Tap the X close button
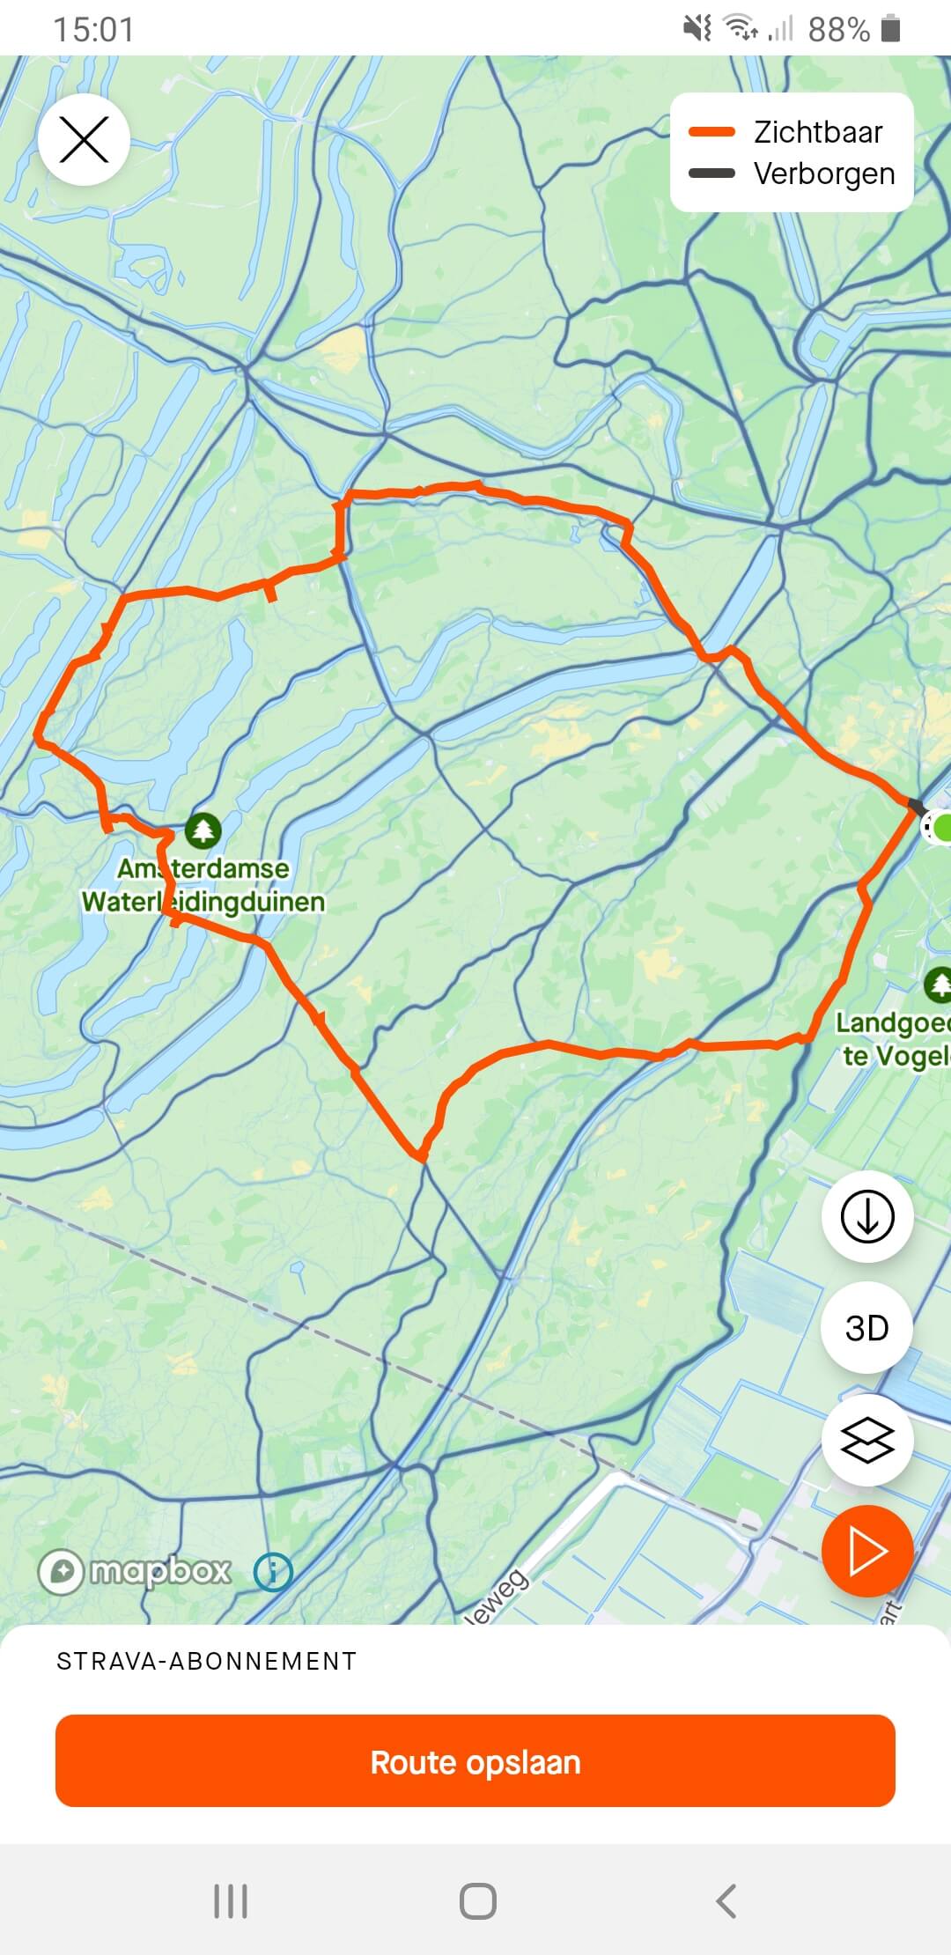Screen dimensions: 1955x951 [x=84, y=140]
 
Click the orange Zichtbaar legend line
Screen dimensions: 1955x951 [x=711, y=132]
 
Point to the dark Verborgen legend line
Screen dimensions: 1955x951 [x=711, y=173]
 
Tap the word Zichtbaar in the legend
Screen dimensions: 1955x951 [x=818, y=132]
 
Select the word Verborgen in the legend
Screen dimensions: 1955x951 [x=824, y=173]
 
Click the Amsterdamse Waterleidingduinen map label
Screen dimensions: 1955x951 [x=203, y=885]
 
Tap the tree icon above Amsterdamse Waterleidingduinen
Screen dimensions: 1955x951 [x=203, y=830]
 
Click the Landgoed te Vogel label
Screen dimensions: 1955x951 [x=892, y=1039]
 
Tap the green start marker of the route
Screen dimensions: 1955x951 [x=942, y=828]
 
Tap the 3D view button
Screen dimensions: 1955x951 [x=867, y=1327]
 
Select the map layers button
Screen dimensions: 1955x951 [x=867, y=1441]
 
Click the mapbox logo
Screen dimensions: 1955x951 [x=135, y=1571]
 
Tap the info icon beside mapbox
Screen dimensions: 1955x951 [x=273, y=1571]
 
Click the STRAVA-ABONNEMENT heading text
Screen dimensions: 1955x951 [x=207, y=1661]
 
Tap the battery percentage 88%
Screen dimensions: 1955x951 [x=838, y=30]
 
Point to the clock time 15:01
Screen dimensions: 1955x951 [x=94, y=30]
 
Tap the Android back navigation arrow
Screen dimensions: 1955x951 [x=726, y=1901]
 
